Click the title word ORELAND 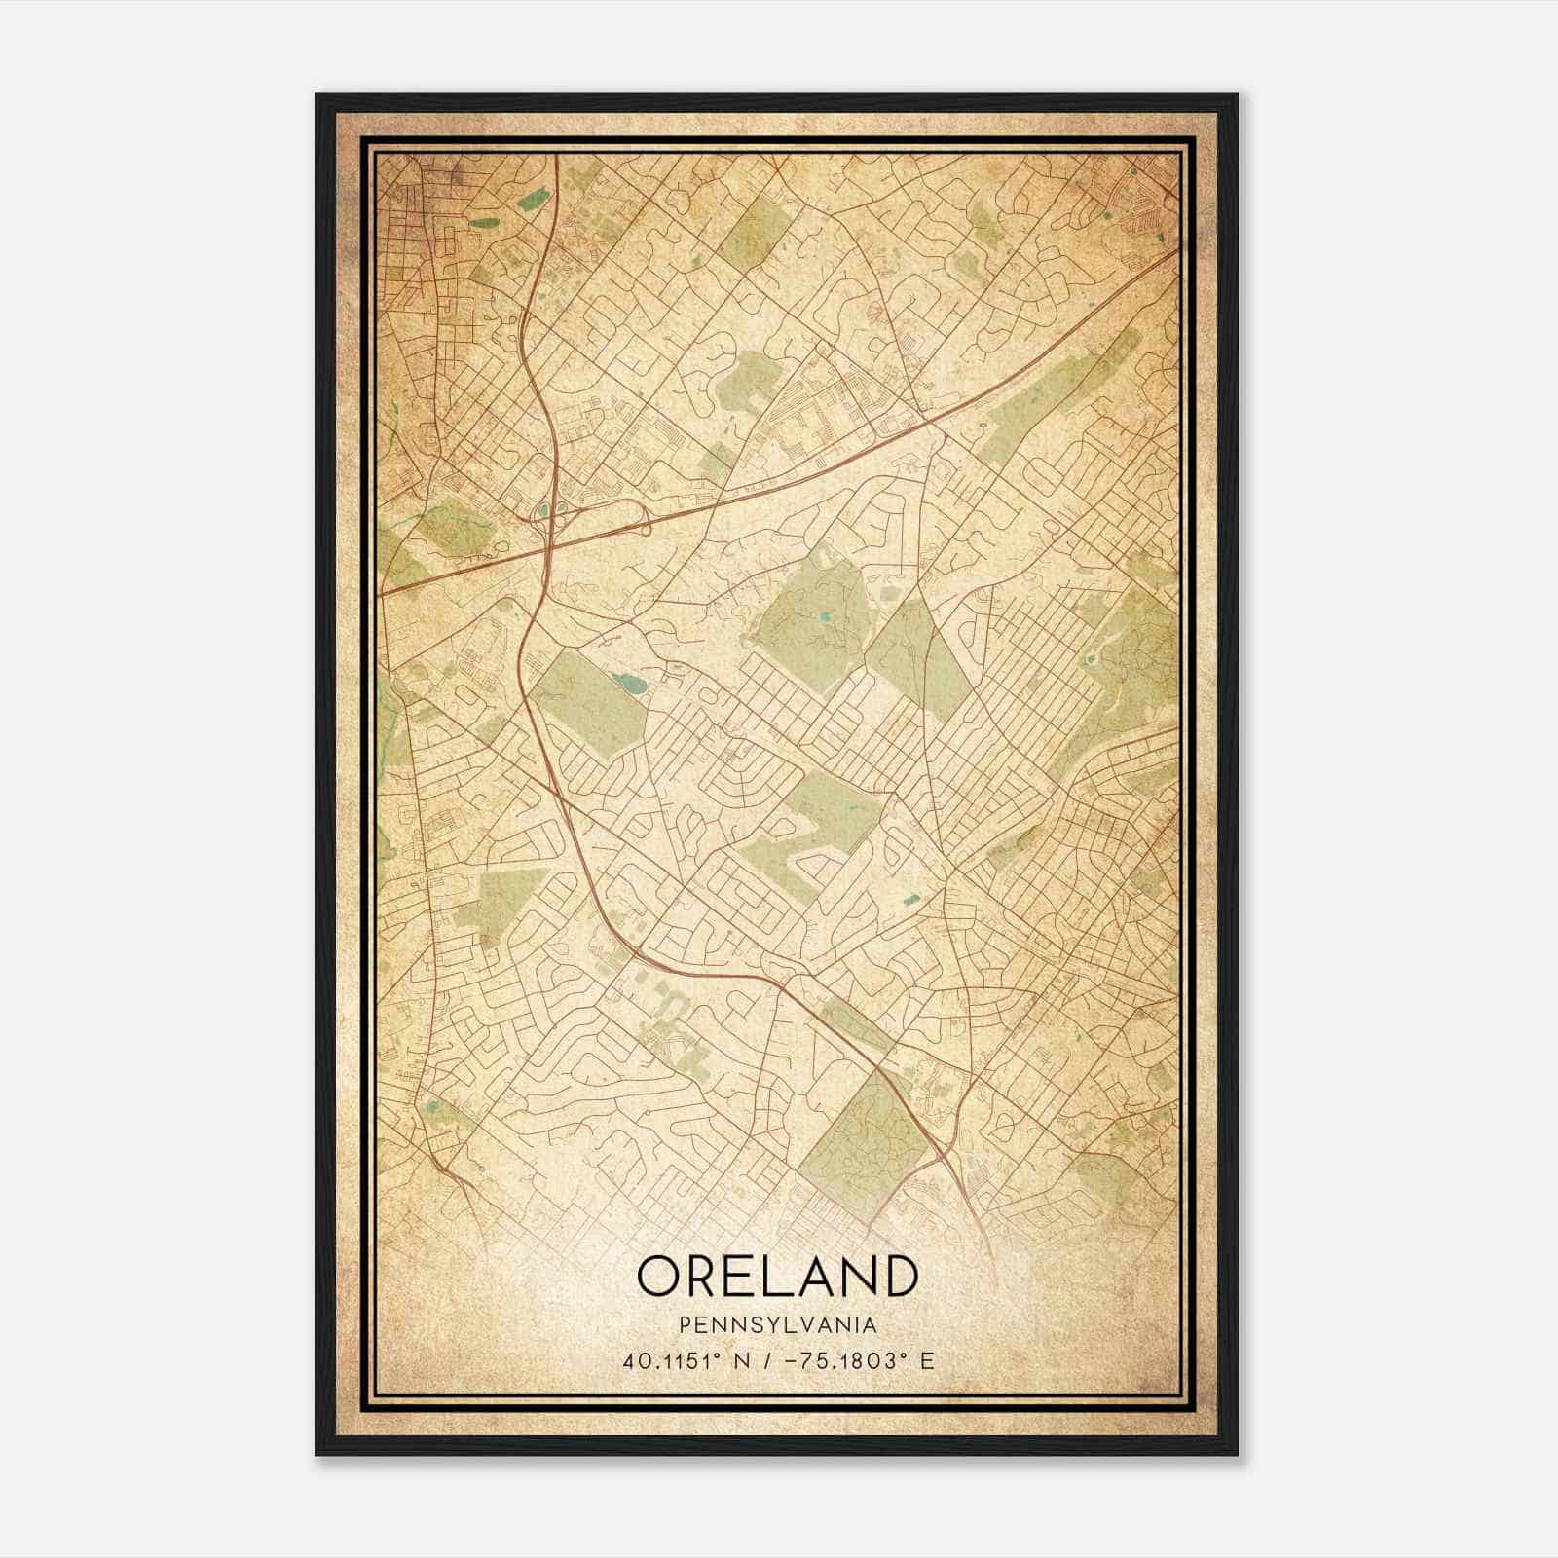(x=777, y=1276)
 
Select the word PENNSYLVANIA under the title (x=777, y=1325)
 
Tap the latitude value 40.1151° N (x=687, y=1360)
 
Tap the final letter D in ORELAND (x=897, y=1276)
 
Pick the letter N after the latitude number (x=741, y=1360)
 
